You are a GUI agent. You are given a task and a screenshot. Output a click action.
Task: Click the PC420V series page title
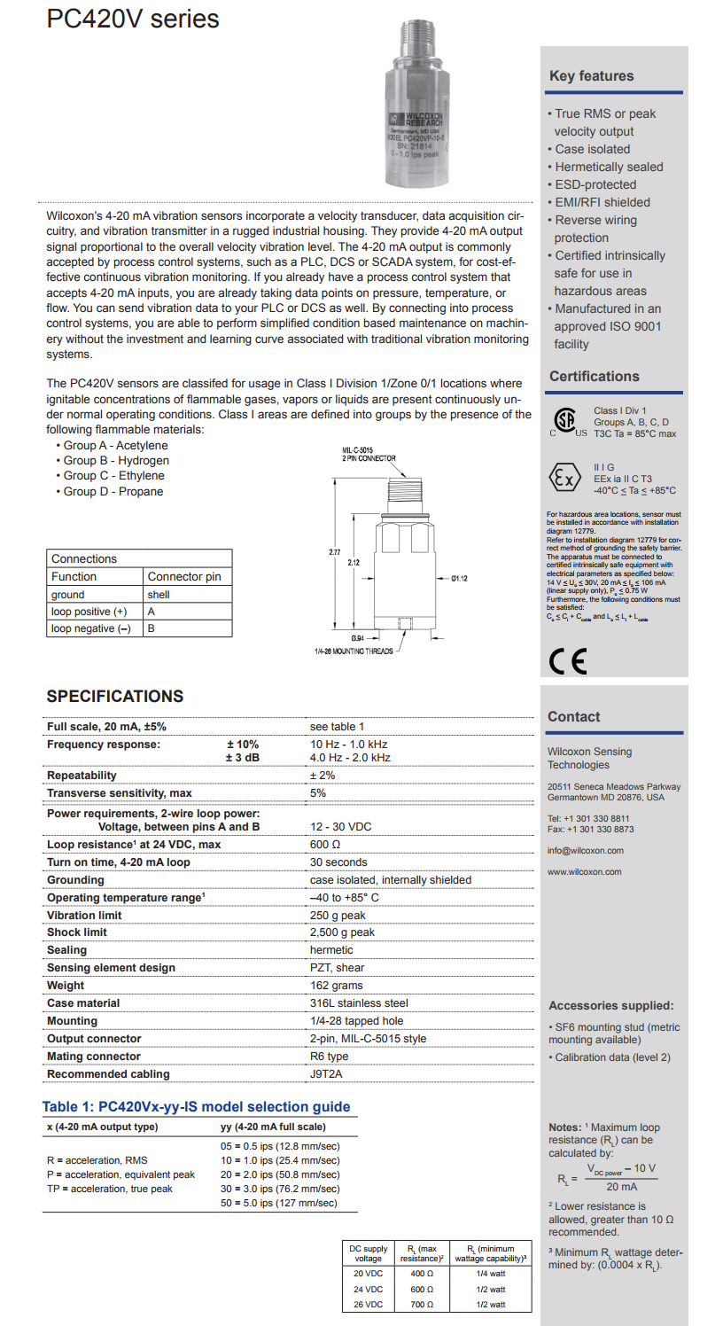click(x=133, y=19)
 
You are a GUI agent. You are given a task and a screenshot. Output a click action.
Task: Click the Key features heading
click(x=591, y=76)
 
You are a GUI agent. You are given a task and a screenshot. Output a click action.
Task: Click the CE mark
click(x=567, y=661)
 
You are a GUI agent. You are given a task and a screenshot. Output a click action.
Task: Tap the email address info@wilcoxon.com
click(x=585, y=851)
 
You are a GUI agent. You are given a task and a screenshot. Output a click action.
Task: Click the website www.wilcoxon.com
click(x=584, y=872)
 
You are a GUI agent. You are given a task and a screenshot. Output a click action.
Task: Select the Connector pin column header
click(x=184, y=576)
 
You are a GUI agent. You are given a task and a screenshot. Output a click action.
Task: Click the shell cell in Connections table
click(x=159, y=595)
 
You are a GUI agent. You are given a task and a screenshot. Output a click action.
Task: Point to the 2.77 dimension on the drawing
click(x=335, y=552)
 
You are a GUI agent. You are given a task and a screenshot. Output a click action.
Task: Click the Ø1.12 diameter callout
click(x=459, y=579)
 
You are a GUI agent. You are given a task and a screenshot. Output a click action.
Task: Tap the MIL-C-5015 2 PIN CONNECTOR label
click(x=369, y=455)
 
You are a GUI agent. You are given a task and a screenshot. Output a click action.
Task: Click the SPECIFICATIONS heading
click(x=115, y=697)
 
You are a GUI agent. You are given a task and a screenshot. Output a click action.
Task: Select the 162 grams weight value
click(x=336, y=986)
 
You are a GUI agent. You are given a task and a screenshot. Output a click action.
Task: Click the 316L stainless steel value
click(x=359, y=1003)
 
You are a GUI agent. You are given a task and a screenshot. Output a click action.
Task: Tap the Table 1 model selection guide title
click(x=196, y=1107)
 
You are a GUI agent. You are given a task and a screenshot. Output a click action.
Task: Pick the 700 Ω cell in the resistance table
click(x=421, y=1305)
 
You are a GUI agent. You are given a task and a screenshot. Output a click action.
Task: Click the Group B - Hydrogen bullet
click(x=116, y=461)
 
